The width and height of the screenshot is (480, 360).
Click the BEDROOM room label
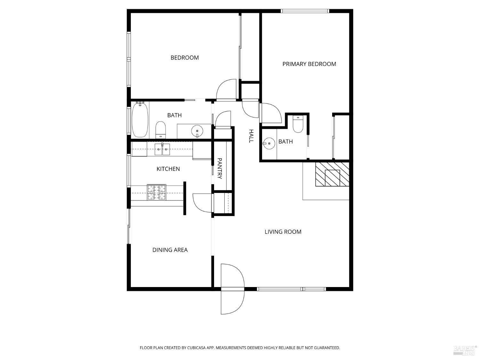pos(185,58)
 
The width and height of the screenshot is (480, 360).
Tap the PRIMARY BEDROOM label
pos(309,64)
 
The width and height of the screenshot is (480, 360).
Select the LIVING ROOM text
pos(283,232)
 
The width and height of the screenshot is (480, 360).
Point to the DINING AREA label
pos(170,250)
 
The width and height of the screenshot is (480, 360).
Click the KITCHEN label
pos(168,169)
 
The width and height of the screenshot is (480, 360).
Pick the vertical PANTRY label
pos(220,168)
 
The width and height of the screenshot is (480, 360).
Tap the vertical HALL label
pos(251,136)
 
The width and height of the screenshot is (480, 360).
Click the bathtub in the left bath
pos(140,119)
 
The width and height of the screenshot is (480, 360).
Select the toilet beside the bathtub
pos(161,130)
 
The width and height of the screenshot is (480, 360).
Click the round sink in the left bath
pos(197,131)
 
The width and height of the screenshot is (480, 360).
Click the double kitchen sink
pos(162,149)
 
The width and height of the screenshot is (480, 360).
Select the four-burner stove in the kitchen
pos(156,192)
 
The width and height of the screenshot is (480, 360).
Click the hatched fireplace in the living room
pos(332,174)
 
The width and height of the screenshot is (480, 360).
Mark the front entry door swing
pos(232,289)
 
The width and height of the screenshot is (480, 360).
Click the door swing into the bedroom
pos(226,90)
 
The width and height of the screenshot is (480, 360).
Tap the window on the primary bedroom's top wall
pos(305,11)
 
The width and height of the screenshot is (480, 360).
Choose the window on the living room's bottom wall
pos(291,289)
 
